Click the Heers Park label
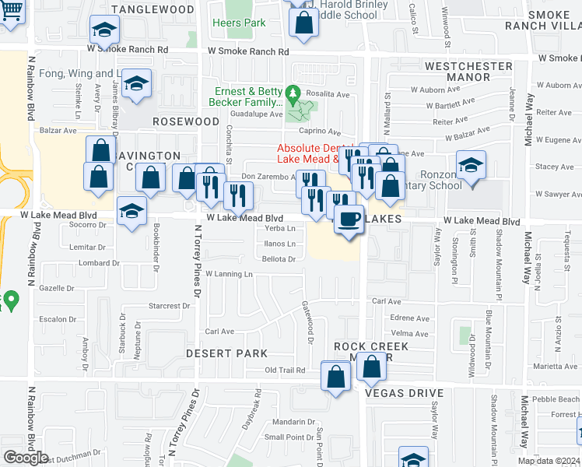[239, 23]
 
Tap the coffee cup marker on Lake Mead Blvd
[349, 219]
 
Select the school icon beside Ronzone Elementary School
[471, 166]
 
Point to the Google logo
[26, 458]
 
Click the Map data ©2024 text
[549, 461]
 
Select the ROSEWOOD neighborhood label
[185, 121]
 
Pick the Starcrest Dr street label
[164, 306]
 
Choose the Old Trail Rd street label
[286, 370]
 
